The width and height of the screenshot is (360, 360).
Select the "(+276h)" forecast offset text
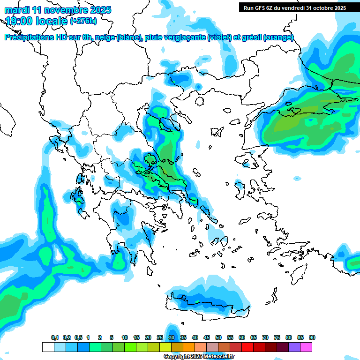pos(83,21)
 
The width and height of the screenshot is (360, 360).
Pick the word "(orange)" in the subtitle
pos(279,37)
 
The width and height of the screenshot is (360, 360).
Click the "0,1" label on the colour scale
pos(55,337)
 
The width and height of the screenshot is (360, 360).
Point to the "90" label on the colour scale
pos(312,337)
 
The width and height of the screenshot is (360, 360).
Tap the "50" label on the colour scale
pos(218,337)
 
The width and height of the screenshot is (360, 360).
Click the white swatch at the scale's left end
pos(48,347)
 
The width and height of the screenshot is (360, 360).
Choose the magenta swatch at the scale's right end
pos(307,347)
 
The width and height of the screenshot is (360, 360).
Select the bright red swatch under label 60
pos(247,347)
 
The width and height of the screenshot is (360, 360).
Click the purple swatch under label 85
pos(295,347)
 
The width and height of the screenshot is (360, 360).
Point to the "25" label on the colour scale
pos(160,337)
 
